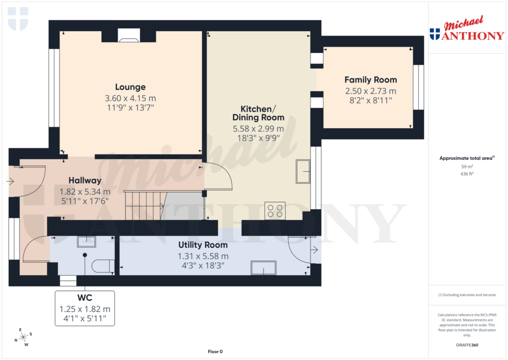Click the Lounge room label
pyautogui.click(x=130, y=87)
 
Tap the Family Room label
pyautogui.click(x=371, y=79)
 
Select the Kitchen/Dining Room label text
pyautogui.click(x=258, y=113)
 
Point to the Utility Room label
pyautogui.click(x=203, y=245)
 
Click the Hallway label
pyautogui.click(x=85, y=180)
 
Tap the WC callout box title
pyautogui.click(x=84, y=299)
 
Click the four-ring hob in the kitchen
pyautogui.click(x=275, y=211)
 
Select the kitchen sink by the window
pyautogui.click(x=303, y=172)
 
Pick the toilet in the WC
pyautogui.click(x=102, y=266)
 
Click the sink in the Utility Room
pyautogui.click(x=263, y=267)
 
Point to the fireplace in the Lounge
pyautogui.click(x=129, y=35)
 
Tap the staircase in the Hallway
pyautogui.click(x=144, y=205)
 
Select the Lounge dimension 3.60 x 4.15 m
pyautogui.click(x=130, y=98)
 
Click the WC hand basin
pyautogui.click(x=86, y=242)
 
